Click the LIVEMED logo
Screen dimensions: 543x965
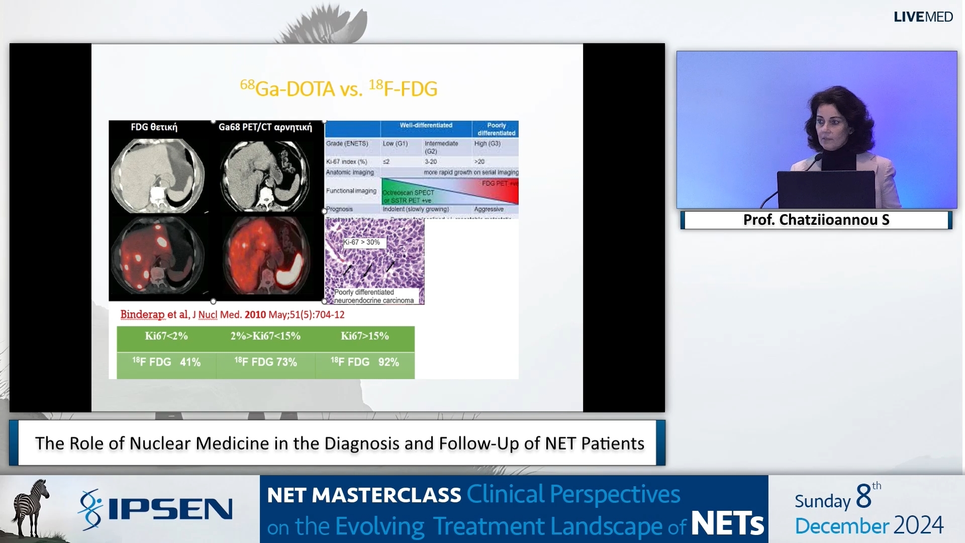923,17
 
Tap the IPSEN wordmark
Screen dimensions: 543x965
170,509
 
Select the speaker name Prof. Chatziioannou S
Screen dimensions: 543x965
816,220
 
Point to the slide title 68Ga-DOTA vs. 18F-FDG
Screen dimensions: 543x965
338,88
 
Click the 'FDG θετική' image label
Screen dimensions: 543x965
154,127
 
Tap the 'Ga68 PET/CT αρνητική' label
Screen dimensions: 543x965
265,127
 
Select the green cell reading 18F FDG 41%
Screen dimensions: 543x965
166,362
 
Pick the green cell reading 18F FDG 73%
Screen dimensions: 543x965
265,362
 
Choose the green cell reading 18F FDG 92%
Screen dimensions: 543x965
365,362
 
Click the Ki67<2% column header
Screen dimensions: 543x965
166,336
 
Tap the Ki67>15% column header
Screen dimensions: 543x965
365,336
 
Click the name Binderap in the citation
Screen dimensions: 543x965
142,315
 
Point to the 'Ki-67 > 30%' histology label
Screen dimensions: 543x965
362,242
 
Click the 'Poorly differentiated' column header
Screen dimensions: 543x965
496,129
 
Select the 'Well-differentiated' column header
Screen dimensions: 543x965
426,125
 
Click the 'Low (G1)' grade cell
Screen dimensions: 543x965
395,144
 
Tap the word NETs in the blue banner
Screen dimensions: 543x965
727,524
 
